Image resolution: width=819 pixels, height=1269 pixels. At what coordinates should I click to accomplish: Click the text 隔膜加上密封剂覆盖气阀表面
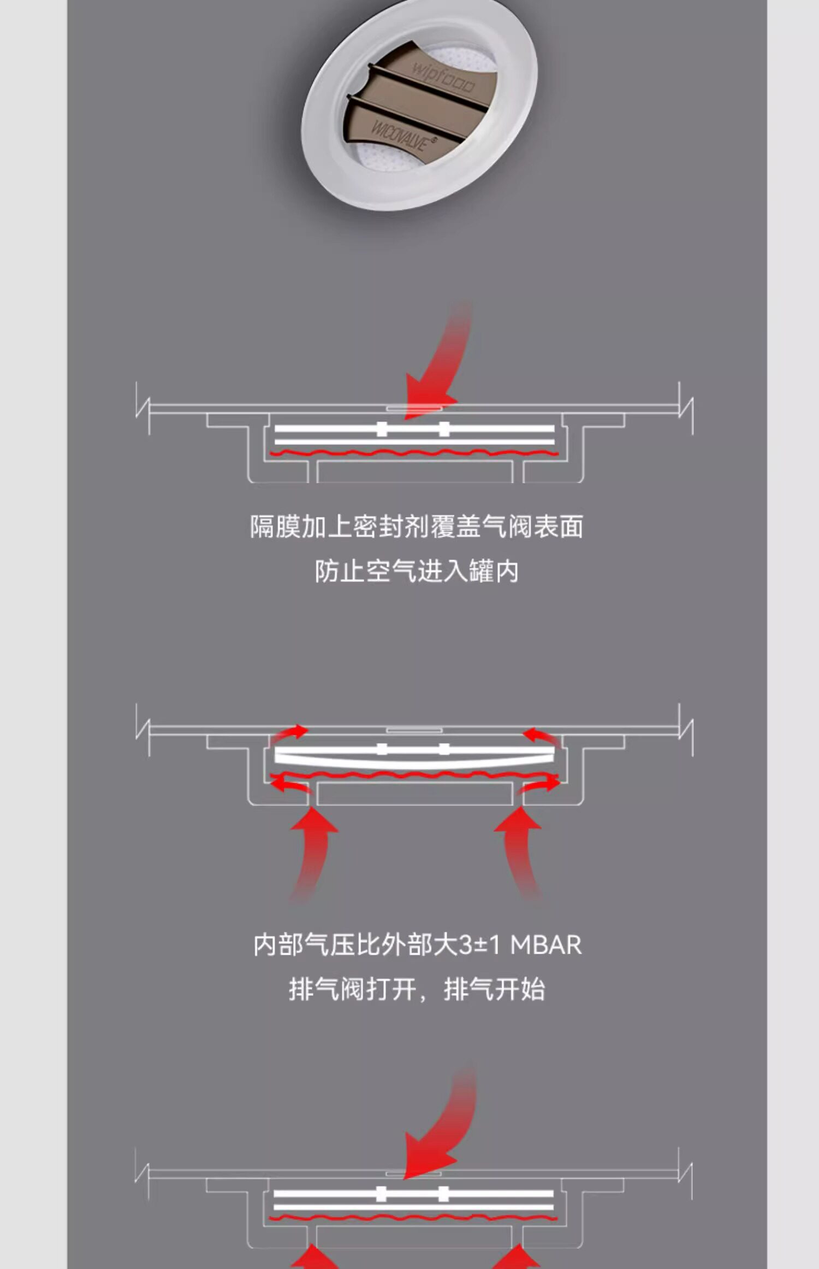pos(416,527)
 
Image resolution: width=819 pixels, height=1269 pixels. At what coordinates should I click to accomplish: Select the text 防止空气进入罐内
pos(416,572)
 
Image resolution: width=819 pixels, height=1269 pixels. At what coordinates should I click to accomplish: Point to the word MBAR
pos(546,945)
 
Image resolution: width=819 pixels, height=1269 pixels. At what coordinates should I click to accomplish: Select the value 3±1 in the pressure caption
pos(479,945)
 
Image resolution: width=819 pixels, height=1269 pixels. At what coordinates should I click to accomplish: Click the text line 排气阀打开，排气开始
pos(416,990)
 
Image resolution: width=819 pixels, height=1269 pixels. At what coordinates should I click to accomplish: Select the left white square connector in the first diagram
pos(382,429)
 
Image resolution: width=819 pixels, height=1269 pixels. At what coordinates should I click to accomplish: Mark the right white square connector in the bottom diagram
pos(443,1194)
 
